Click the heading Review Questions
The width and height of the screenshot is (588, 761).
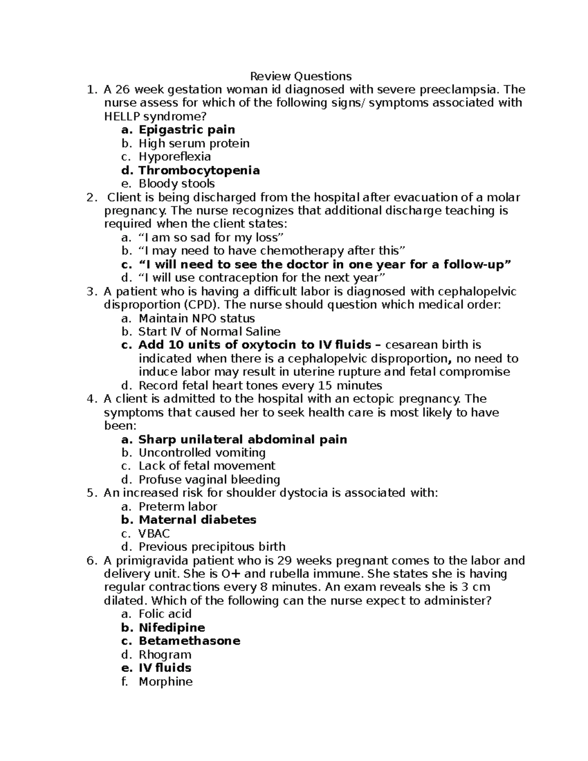coord(301,76)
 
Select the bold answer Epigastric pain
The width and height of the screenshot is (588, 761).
coord(187,130)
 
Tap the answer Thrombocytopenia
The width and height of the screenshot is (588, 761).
coord(199,171)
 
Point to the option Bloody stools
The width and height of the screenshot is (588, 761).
coord(176,184)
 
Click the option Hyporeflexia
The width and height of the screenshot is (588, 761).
coord(174,157)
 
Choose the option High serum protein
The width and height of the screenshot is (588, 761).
coord(194,144)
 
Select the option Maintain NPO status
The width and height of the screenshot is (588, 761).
coord(196,319)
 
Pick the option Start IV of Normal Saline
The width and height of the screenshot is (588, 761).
coord(209,332)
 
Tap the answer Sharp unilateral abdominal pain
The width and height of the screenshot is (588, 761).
coord(243,440)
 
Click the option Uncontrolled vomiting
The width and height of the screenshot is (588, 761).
coord(202,453)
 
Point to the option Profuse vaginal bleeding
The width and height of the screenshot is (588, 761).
coord(209,480)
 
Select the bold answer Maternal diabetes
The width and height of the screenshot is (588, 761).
coord(197,520)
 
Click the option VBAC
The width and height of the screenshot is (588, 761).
coord(154,534)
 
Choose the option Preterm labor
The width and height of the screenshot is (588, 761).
coord(177,507)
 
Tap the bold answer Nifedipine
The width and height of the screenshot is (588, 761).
coord(171,628)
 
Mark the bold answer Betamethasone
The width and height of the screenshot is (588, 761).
coord(189,641)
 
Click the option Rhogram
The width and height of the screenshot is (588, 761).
coord(165,655)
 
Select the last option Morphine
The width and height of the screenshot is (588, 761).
coord(166,682)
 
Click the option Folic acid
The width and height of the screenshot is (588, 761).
coord(165,614)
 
